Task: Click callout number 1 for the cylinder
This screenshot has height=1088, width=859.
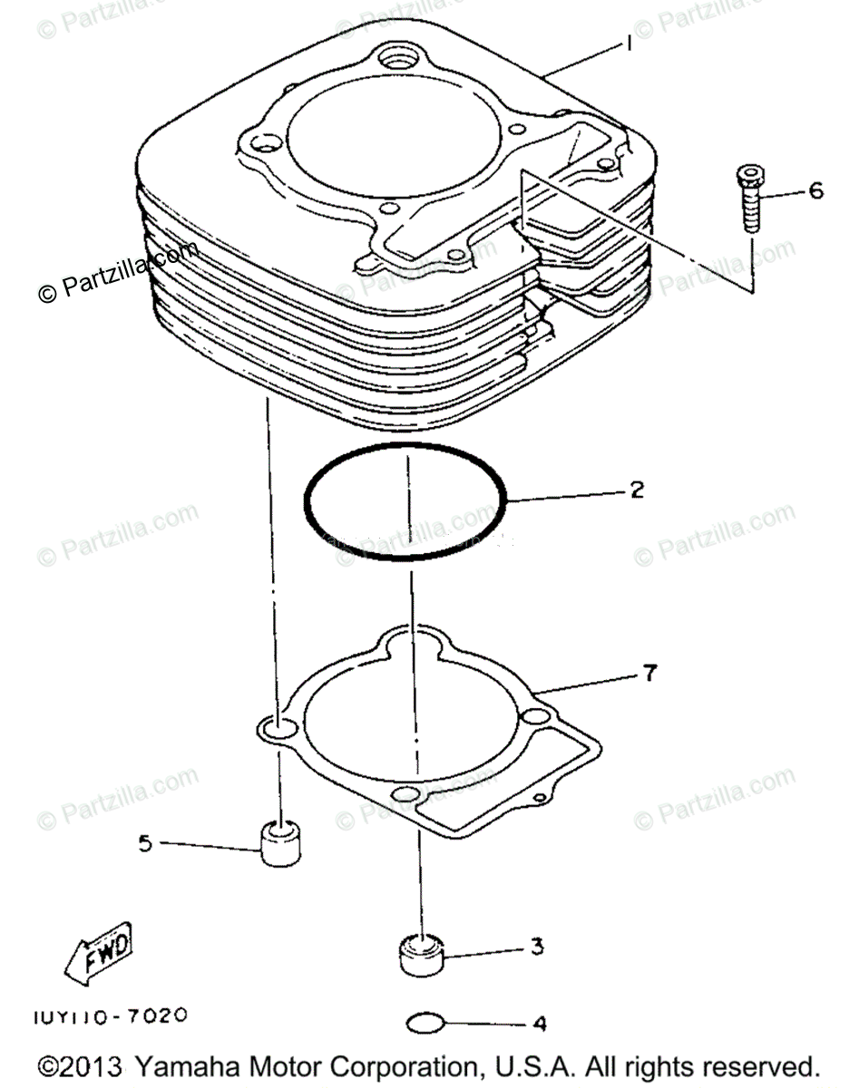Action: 627,43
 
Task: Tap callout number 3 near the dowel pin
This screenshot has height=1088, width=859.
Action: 537,947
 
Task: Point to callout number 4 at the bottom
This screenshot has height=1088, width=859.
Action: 540,1025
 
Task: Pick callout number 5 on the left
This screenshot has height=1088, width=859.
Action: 145,843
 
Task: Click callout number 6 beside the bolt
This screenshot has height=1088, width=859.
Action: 815,191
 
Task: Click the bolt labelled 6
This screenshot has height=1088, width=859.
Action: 750,195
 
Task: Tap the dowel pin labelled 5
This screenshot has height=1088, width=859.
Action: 280,843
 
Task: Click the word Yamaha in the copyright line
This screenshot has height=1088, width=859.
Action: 194,1064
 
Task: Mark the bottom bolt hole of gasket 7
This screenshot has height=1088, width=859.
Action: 406,796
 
